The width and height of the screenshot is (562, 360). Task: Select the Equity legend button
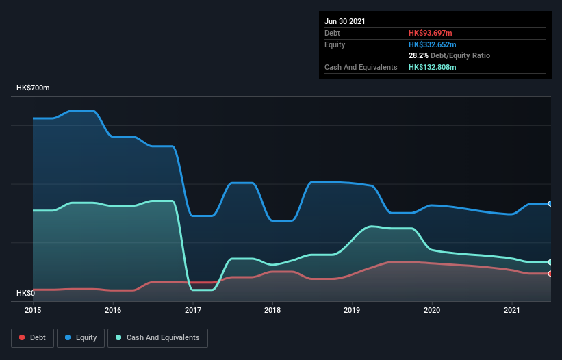81,337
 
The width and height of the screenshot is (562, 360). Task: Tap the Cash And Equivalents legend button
157,337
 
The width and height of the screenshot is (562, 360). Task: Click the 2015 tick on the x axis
34,311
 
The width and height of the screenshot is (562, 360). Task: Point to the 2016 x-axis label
113,311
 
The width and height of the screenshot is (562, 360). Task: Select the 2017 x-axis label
193,311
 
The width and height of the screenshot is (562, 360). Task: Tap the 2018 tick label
272,311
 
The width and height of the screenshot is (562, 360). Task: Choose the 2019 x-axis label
353,311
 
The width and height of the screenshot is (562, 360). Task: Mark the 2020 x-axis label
432,311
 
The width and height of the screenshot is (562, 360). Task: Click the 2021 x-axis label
512,311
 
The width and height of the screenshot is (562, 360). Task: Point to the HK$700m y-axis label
33,88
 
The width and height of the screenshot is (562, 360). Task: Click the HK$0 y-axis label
25,293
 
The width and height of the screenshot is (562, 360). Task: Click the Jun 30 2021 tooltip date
345,21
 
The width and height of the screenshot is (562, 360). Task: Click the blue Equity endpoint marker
550,203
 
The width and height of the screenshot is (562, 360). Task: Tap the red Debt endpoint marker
550,274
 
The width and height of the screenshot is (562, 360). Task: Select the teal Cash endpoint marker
550,262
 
